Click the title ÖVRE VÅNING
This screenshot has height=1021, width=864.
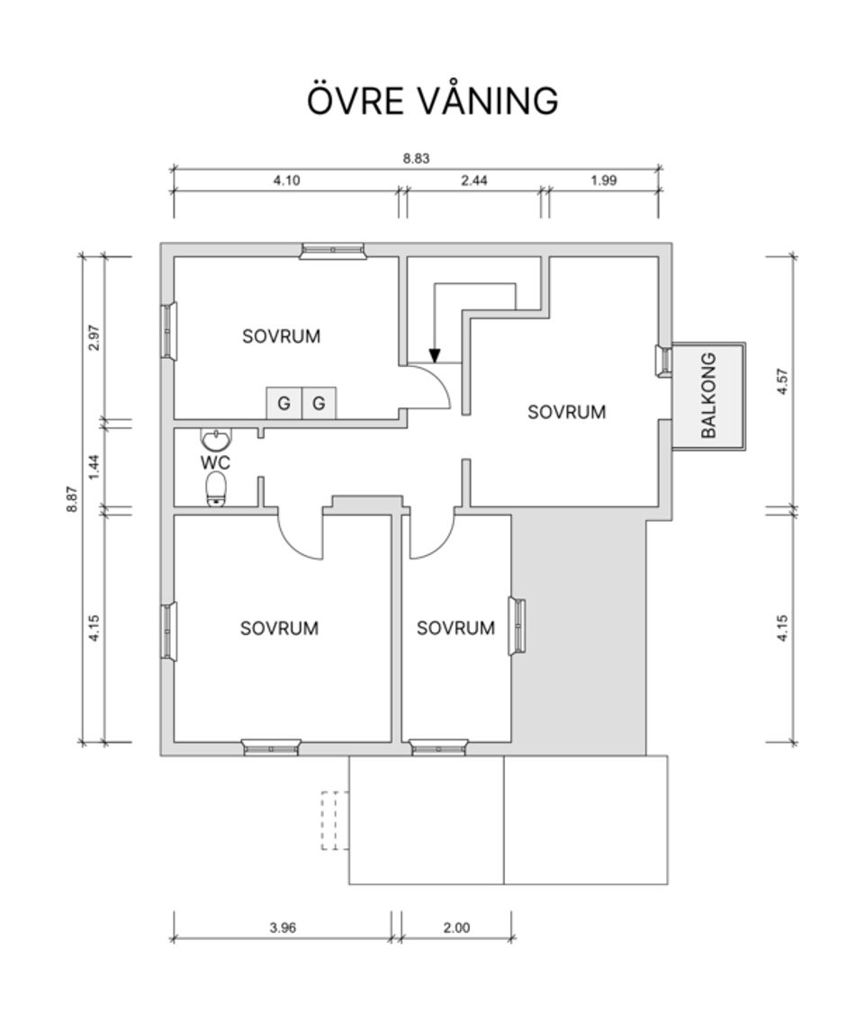tap(432, 100)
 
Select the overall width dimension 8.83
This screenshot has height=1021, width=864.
tap(416, 157)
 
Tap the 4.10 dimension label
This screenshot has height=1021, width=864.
tap(286, 180)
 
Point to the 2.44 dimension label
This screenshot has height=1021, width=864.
tap(473, 180)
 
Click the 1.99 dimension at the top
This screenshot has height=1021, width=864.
tap(604, 180)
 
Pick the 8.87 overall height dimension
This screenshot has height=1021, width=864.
tap(72, 499)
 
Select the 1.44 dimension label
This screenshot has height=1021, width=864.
tap(94, 467)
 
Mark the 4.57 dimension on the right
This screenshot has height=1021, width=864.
tap(782, 382)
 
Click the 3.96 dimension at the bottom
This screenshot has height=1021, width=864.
tap(283, 928)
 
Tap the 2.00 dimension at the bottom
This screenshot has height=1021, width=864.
tap(456, 928)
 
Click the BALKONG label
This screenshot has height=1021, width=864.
tap(709, 396)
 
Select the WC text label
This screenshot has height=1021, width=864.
tap(215, 463)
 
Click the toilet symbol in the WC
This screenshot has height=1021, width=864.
tap(216, 488)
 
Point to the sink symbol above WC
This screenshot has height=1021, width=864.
tap(216, 440)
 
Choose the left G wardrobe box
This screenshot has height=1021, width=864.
tap(283, 404)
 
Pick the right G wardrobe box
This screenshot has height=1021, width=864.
tap(319, 404)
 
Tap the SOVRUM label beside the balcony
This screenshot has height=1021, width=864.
tap(566, 412)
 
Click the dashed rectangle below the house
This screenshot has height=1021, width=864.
tap(334, 820)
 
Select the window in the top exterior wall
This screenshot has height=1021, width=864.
tap(332, 250)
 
